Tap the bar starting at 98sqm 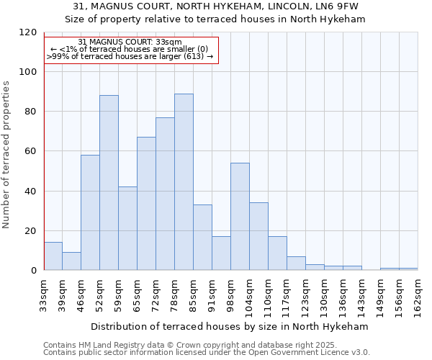(x=240, y=216)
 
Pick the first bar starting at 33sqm (x=53, y=256)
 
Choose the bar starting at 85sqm (x=202, y=238)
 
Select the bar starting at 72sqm (x=165, y=194)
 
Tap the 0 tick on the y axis (x=34, y=271)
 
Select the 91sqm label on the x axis (x=212, y=294)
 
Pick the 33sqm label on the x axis (x=44, y=294)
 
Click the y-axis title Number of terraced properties (x=6, y=154)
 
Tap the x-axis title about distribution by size (x=230, y=326)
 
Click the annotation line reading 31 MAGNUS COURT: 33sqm (x=130, y=42)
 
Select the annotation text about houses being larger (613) (x=130, y=56)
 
